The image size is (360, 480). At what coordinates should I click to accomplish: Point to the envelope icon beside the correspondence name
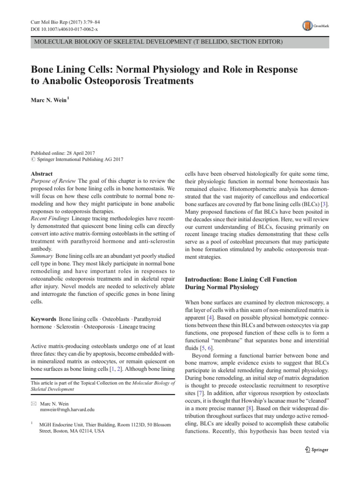(33, 402)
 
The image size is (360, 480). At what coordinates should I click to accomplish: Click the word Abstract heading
(41, 173)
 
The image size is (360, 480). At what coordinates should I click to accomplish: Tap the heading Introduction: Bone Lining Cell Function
(241, 279)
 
